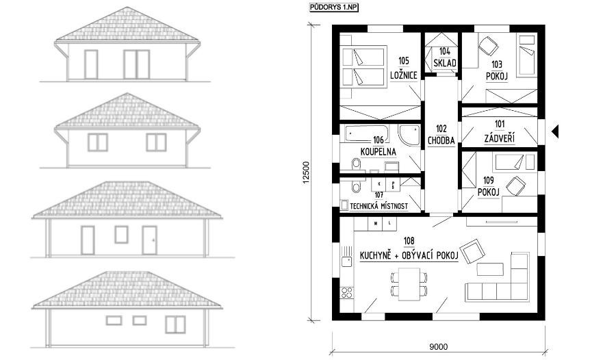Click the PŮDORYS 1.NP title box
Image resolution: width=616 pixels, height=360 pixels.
334,8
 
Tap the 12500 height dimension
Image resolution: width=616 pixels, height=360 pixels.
307,172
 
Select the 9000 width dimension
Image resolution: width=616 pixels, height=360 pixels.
438,346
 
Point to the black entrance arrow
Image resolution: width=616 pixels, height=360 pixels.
554,131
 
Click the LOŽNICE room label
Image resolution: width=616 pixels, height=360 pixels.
403,75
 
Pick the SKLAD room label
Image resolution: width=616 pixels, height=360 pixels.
445,63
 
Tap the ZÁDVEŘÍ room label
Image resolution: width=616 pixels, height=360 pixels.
500,138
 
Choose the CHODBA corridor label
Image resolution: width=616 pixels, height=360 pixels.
441,140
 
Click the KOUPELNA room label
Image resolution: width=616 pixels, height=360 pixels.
378,152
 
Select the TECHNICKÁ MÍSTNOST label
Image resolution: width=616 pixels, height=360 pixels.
378,206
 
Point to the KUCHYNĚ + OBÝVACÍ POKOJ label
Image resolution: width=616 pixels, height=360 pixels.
409,256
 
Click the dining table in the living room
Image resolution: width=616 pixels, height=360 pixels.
409,284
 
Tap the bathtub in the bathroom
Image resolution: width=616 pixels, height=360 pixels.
367,133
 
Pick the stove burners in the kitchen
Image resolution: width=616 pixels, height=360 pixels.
347,293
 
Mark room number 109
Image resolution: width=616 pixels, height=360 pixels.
488,181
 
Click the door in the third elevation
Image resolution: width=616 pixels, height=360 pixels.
150,240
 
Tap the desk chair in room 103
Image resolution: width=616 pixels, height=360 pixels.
487,46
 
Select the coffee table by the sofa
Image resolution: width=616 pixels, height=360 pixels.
490,269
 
